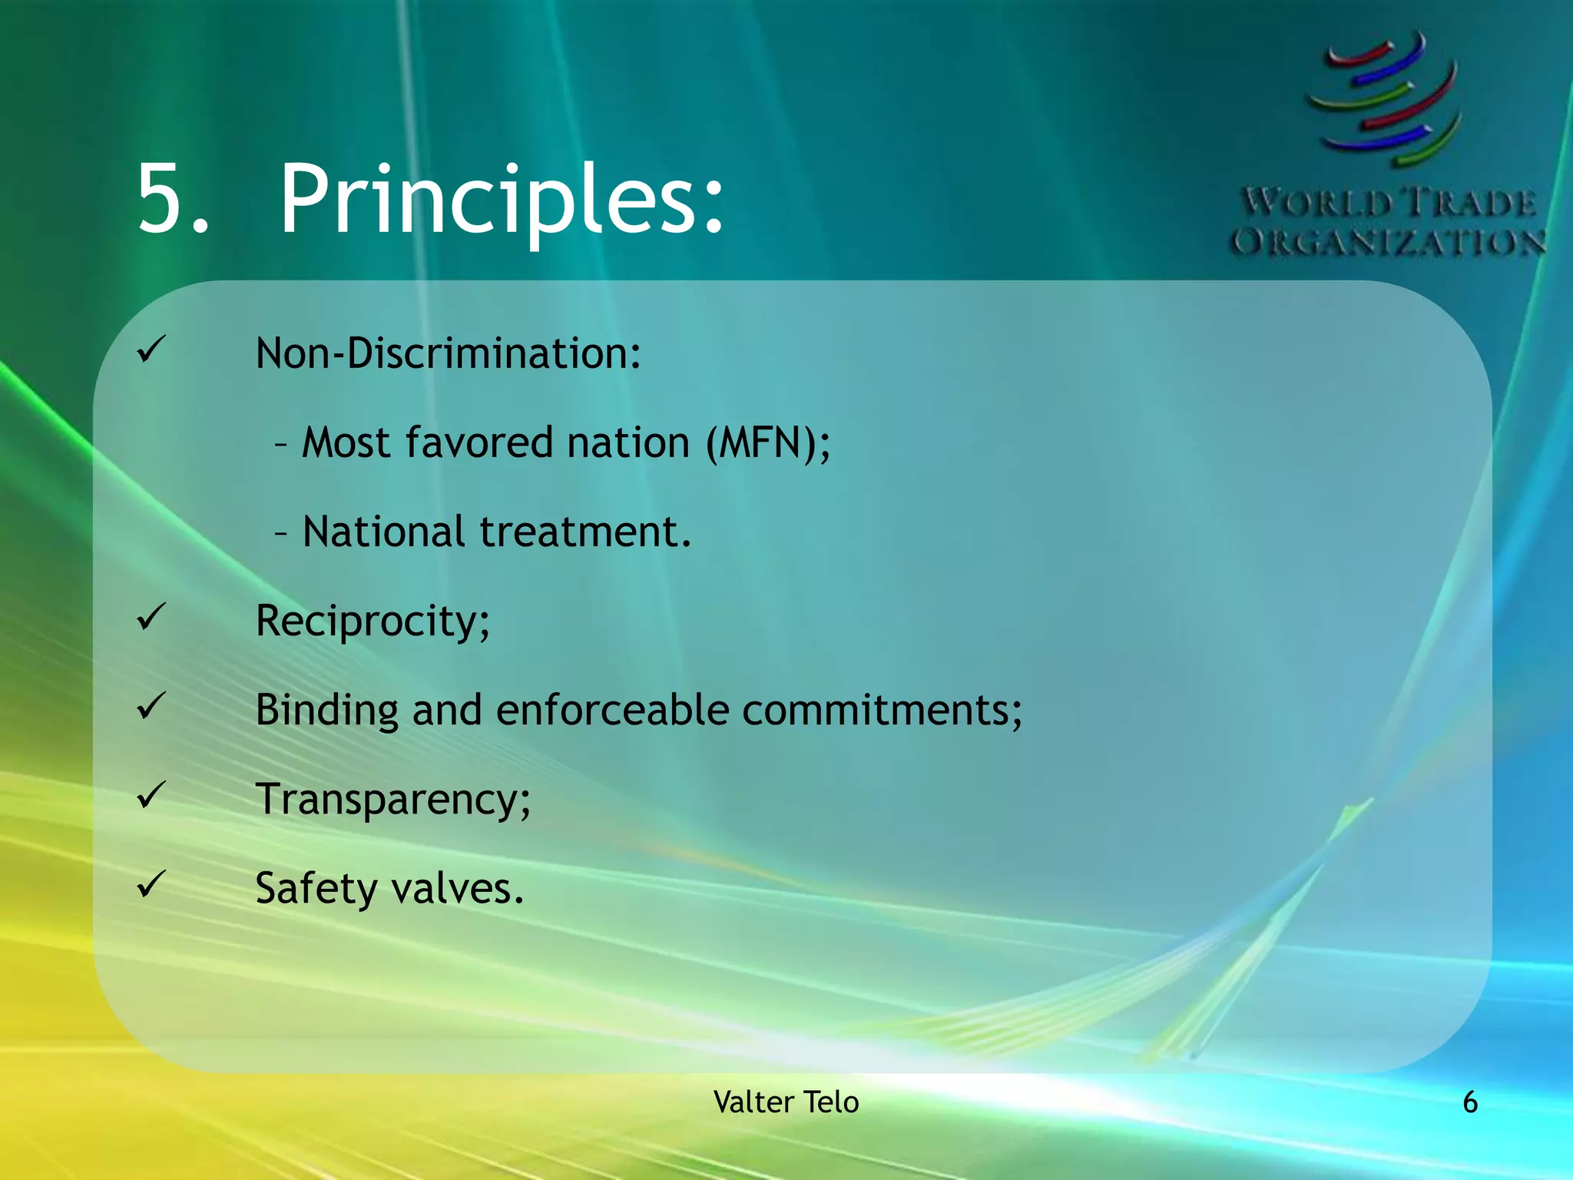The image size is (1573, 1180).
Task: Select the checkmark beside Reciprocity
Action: [x=151, y=617]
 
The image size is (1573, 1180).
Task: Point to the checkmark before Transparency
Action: [x=151, y=795]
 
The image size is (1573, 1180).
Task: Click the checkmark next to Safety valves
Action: [x=151, y=884]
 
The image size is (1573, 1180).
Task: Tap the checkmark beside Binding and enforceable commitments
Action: [x=151, y=706]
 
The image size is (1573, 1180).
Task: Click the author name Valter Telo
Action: [x=786, y=1102]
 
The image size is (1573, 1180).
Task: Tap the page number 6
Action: [x=1469, y=1102]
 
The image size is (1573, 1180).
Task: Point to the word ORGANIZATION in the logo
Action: [x=1388, y=243]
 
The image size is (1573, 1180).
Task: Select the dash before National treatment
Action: [x=282, y=532]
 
